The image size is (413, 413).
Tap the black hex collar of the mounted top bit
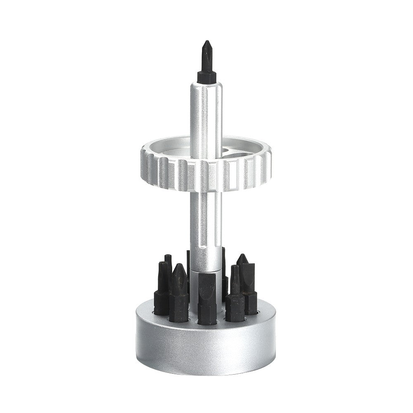(206, 76)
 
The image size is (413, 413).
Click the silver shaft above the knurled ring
(206, 112)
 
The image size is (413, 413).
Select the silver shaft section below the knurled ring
(206, 223)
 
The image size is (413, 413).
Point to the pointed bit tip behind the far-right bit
(242, 259)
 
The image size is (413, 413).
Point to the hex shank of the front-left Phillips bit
(179, 308)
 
